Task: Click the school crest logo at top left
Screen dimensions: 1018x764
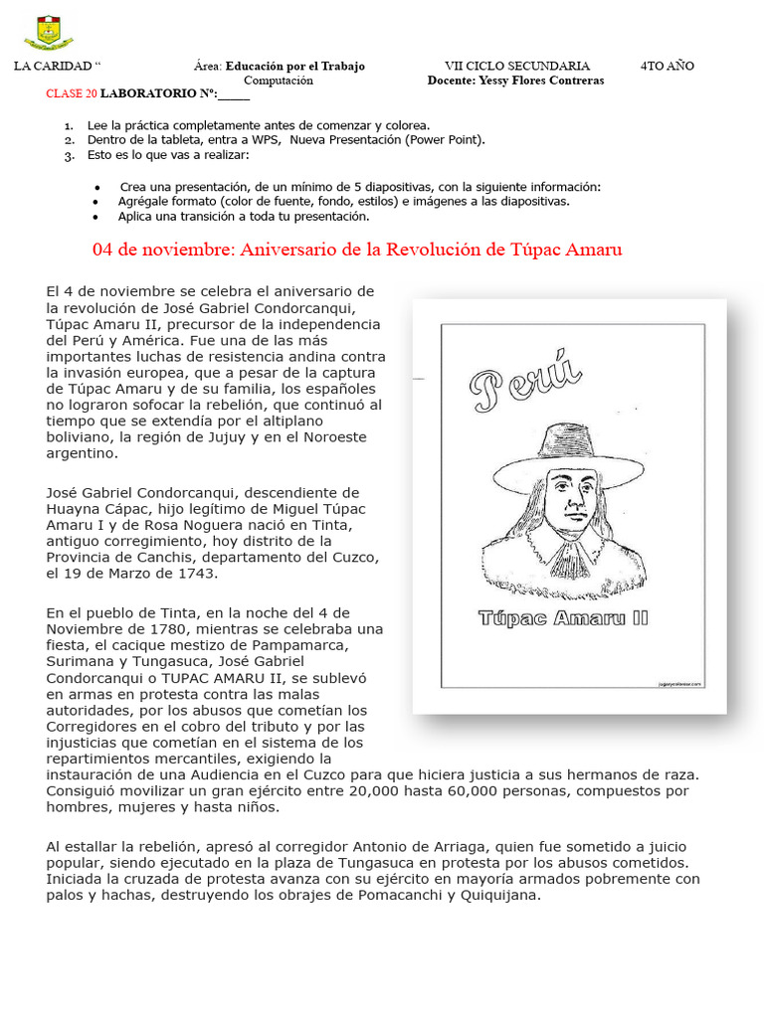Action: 48,33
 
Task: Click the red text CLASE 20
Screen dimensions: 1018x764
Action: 72,94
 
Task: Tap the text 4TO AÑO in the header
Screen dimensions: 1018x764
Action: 667,66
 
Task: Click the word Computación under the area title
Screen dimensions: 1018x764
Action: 279,81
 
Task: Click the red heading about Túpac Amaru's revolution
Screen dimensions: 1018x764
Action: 357,250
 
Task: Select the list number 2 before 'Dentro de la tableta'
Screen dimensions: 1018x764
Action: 68,140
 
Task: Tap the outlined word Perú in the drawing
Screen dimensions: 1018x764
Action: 525,381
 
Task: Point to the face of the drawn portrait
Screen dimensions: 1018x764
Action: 571,497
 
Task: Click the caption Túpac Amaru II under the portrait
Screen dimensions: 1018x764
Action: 563,617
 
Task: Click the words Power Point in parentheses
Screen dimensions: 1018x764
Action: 445,140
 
